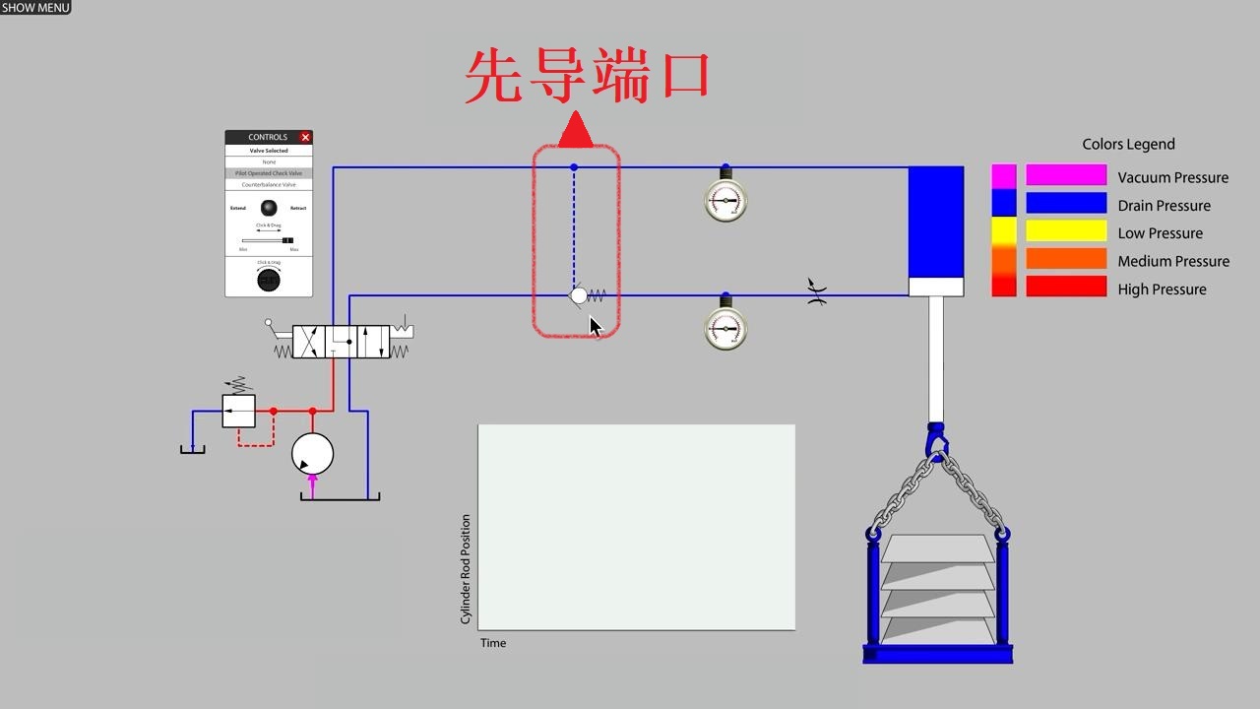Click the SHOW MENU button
click(x=35, y=7)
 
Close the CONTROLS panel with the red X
click(x=305, y=137)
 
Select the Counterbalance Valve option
click(x=269, y=184)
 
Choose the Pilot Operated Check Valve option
click(x=269, y=173)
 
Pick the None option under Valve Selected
click(x=269, y=161)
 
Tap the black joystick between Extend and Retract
click(x=269, y=208)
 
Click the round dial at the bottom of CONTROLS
click(x=268, y=281)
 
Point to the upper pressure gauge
click(x=725, y=201)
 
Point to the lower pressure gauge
click(x=725, y=328)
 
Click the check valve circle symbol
click(x=579, y=295)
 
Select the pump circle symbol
click(x=312, y=454)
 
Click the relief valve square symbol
click(x=238, y=411)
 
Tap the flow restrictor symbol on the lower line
click(x=816, y=292)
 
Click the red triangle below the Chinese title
click(x=575, y=131)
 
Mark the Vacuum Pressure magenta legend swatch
click(x=1066, y=176)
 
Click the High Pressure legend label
click(x=1162, y=290)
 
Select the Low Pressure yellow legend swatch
click(x=1066, y=232)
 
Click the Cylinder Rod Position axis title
click(x=466, y=569)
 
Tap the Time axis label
click(x=493, y=643)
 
